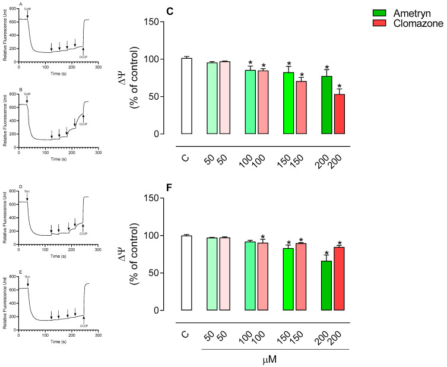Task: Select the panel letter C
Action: [x=153, y=7]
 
